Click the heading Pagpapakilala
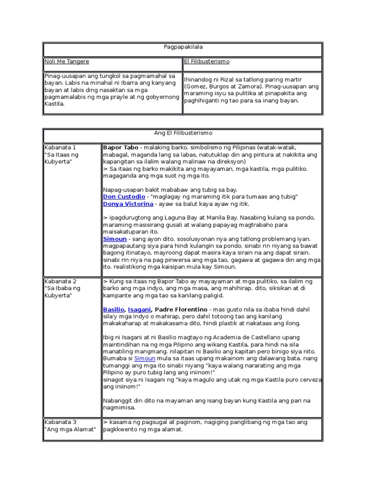click(182, 48)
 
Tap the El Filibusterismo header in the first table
click(207, 62)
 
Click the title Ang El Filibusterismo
click(182, 133)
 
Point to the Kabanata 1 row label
click(60, 147)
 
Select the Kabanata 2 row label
click(60, 281)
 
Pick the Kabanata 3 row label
click(60, 422)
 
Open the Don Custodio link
click(124, 197)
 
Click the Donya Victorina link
click(128, 204)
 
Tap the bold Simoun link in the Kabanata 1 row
click(115, 239)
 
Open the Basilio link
click(114, 310)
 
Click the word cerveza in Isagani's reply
click(309, 379)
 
